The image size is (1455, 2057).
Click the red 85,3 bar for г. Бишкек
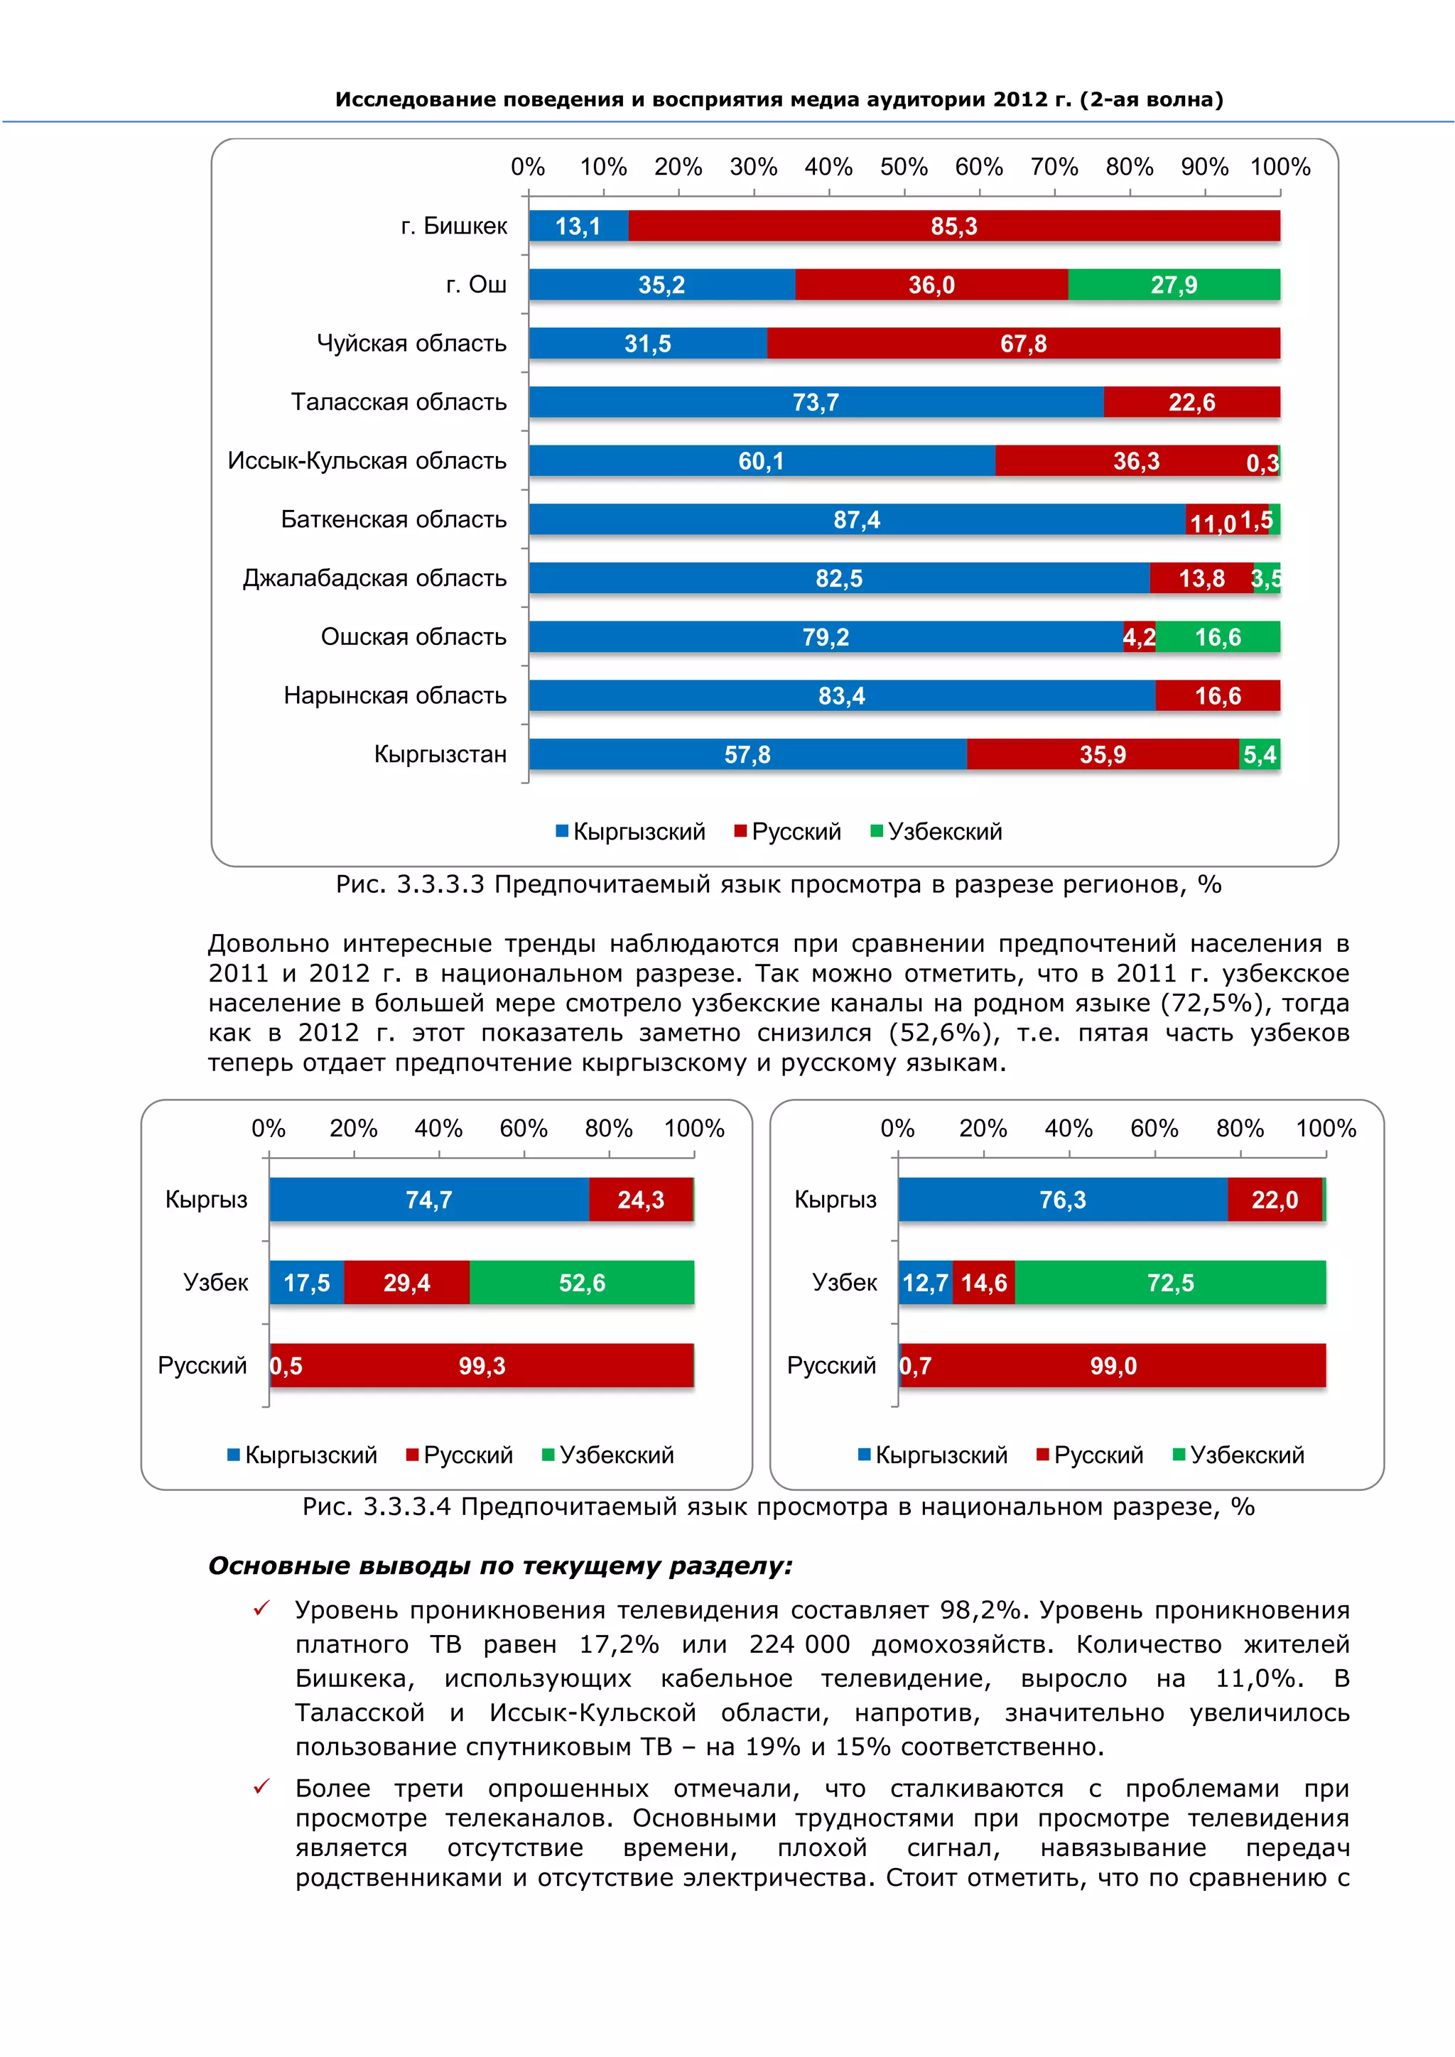click(953, 226)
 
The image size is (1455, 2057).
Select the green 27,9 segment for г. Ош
click(1173, 285)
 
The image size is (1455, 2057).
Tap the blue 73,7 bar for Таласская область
click(816, 402)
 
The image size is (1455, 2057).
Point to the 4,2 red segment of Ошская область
click(1139, 637)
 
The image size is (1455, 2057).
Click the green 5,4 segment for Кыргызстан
click(1259, 754)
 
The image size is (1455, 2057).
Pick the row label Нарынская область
click(394, 695)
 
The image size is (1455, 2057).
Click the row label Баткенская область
click(394, 520)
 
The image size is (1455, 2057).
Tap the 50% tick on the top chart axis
click(903, 168)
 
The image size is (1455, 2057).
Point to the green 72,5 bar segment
click(1170, 1283)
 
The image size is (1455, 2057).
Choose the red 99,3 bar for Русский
click(482, 1367)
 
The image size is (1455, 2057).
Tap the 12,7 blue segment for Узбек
click(924, 1283)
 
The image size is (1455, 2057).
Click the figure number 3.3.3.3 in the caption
click(440, 885)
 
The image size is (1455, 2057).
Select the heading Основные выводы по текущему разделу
click(500, 1566)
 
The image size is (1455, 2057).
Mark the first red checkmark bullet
click(261, 1609)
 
